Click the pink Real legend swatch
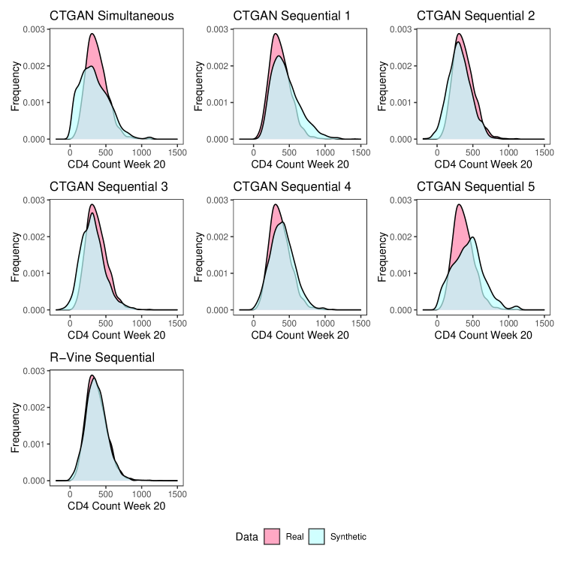tap(273, 537)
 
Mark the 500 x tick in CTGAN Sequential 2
tap(473, 152)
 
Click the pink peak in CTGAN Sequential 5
tap(458, 206)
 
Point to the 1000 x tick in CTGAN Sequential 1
tap(325, 152)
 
